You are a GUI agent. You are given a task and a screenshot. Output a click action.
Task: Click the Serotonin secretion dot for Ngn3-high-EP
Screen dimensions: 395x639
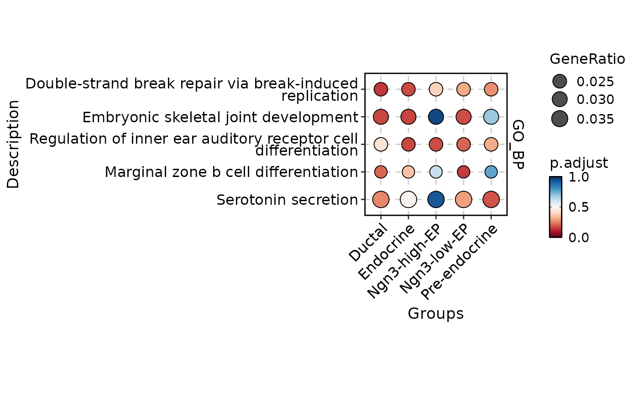436,199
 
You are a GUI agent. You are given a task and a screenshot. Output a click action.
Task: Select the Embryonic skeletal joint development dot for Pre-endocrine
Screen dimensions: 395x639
491,117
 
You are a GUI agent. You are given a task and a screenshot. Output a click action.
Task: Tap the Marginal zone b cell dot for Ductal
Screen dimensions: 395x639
381,172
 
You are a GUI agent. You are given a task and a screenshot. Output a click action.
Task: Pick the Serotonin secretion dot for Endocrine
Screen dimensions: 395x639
409,199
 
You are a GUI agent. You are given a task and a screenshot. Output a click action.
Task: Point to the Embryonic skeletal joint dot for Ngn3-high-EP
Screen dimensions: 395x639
436,117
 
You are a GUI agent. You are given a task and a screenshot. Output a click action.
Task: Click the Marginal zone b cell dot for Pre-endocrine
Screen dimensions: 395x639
491,172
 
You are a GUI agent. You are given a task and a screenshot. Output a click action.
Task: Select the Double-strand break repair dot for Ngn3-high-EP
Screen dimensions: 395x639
436,89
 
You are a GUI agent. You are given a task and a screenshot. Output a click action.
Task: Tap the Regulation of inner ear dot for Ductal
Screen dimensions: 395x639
381,144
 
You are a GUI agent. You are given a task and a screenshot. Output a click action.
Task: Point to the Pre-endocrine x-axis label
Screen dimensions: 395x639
459,263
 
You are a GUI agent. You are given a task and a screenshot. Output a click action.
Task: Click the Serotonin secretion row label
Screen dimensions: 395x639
287,200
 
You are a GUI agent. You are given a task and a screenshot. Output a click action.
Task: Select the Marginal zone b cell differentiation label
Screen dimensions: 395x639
231,172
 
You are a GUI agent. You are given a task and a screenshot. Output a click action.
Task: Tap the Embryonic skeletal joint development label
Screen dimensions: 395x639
220,118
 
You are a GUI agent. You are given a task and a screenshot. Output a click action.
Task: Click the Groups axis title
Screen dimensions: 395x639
435,313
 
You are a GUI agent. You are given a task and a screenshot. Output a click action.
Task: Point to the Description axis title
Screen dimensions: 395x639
13,144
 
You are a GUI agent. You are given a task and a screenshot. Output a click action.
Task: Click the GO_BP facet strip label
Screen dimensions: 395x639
517,144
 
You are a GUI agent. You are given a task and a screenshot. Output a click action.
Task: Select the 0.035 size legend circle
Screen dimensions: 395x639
560,119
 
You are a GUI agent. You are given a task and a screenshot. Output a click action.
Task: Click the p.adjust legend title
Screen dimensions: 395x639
579,163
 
